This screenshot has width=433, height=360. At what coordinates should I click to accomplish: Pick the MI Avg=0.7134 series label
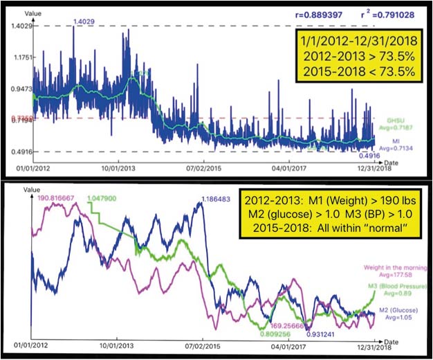[x=396, y=142]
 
